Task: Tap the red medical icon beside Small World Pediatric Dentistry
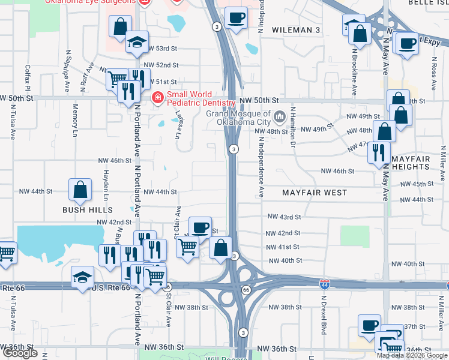point(158,96)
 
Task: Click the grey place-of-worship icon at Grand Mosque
point(279,115)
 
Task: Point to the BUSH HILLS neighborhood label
point(88,210)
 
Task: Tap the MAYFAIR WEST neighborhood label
point(315,193)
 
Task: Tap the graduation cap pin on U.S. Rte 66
point(83,277)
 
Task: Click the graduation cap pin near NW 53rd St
point(137,42)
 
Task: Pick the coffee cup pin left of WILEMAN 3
point(236,18)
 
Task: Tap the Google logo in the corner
point(20,353)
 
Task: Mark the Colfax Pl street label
point(28,78)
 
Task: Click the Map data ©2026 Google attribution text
point(412,355)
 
